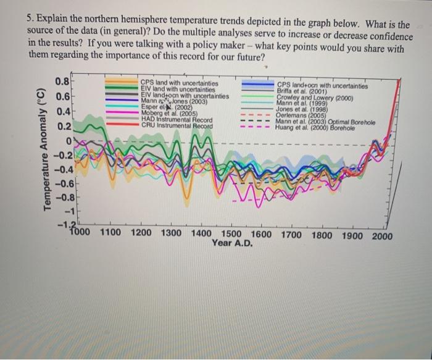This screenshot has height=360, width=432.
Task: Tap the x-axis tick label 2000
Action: coord(383,235)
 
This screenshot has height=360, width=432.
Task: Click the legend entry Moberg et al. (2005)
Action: coord(168,114)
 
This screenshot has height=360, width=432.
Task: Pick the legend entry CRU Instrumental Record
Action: coord(177,125)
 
